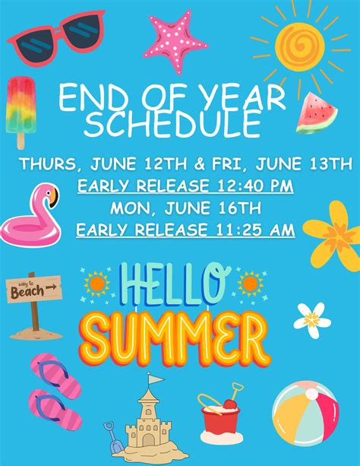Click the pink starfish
point(175,42)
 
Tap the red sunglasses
point(56,39)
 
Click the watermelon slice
point(316,115)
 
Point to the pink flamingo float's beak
point(54,197)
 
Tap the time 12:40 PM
point(255,186)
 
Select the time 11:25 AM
point(255,230)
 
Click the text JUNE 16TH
point(213,208)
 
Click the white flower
point(312,321)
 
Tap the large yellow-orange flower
point(335,236)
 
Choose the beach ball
point(305,414)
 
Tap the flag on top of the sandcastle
point(156,379)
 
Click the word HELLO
point(175,284)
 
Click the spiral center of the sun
point(300,46)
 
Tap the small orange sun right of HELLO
point(251,284)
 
